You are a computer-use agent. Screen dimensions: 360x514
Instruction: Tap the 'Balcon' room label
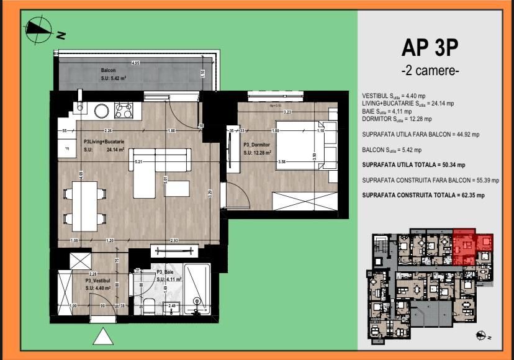coord(109,71)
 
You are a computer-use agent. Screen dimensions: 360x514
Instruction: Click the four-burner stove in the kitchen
coord(123,110)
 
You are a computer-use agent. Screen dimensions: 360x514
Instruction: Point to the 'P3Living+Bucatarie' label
coord(105,142)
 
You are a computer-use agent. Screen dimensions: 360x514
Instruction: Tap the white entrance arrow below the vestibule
coord(104,336)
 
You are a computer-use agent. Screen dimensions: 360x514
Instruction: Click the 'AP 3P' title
coord(430,48)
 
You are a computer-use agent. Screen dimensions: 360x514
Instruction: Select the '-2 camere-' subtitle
coord(430,71)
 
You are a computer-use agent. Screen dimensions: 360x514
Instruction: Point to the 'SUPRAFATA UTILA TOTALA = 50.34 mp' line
coord(413,164)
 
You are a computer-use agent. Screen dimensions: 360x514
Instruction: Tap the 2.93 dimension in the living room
coord(174,240)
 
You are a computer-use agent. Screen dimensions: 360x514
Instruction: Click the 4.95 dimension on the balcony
coord(135,63)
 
